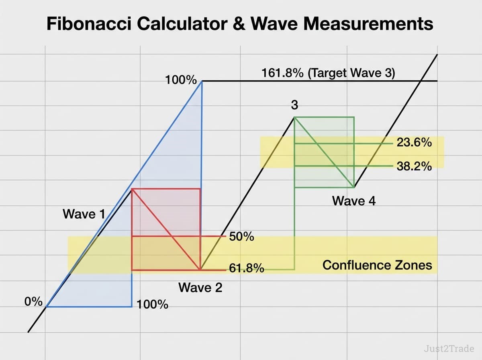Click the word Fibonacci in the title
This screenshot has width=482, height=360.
89,23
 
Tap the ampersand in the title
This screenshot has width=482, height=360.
239,24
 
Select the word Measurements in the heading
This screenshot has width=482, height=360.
368,23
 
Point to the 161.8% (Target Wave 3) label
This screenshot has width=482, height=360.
328,73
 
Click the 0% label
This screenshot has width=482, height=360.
33,301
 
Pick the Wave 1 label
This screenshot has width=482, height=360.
84,214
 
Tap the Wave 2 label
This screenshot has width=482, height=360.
200,287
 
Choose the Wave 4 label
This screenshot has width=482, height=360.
354,201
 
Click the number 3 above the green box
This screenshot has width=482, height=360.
294,105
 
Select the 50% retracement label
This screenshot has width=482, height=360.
241,237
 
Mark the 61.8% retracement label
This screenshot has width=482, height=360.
246,268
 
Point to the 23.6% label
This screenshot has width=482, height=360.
414,142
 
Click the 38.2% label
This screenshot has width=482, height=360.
414,166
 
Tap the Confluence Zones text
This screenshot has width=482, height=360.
377,265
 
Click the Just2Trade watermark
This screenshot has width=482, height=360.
449,349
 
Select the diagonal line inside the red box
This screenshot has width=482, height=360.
166,229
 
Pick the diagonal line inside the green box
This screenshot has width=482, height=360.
324,152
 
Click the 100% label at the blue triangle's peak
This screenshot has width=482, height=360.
181,80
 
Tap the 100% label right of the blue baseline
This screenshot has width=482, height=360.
152,305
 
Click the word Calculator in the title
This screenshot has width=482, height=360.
182,23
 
